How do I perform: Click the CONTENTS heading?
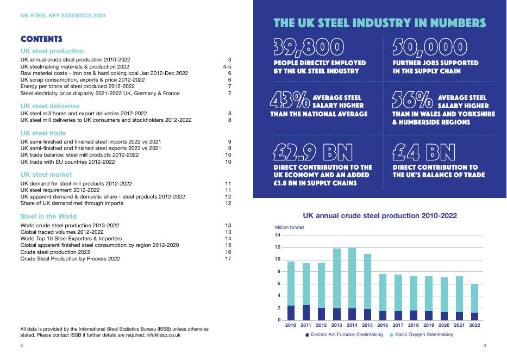[41, 39]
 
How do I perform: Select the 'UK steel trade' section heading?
[43, 133]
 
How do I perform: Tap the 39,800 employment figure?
[308, 48]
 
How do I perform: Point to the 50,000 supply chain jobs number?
[429, 48]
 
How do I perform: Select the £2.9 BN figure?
[312, 152]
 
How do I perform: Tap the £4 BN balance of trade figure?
[423, 152]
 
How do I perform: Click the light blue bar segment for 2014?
[352, 278]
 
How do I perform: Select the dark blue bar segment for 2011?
[306, 312]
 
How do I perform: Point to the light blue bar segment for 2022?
[475, 298]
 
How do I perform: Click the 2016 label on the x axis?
[383, 325]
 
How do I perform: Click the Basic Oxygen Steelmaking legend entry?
[421, 335]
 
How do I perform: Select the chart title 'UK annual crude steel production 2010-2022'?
[379, 216]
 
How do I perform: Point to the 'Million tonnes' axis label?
[290, 227]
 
